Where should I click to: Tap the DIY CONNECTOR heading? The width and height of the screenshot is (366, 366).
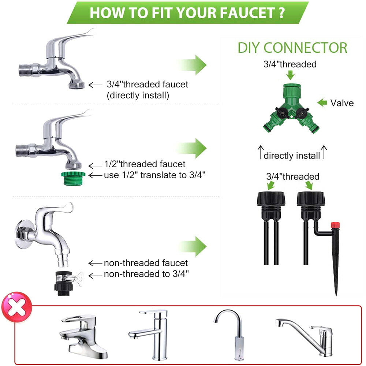click(292, 48)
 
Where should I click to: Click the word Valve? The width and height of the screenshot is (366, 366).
click(342, 103)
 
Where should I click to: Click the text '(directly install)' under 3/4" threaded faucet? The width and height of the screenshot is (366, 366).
click(138, 96)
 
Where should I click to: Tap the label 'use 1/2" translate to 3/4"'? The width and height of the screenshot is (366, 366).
click(154, 175)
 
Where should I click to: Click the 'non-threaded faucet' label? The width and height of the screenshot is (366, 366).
click(146, 263)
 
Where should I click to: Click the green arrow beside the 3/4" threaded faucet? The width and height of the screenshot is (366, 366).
click(193, 65)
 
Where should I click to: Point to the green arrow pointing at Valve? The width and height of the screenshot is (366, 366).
click(322, 103)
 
